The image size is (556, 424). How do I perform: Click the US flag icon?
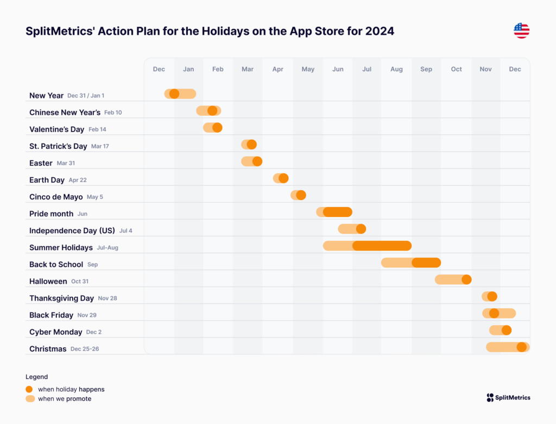pyautogui.click(x=521, y=30)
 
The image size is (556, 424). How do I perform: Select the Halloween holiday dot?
pyautogui.click(x=466, y=279)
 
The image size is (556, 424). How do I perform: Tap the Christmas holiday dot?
pyautogui.click(x=522, y=347)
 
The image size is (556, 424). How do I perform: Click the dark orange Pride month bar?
pyautogui.click(x=338, y=212)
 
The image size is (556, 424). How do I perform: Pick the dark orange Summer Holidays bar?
pyautogui.click(x=382, y=246)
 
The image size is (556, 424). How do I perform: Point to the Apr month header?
pyautogui.click(x=277, y=69)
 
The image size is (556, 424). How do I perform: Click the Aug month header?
pyautogui.click(x=396, y=69)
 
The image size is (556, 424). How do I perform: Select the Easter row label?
pyautogui.click(x=41, y=163)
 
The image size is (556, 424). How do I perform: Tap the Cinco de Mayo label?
pyautogui.click(x=56, y=197)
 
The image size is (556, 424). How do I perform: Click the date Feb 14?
pyautogui.click(x=97, y=129)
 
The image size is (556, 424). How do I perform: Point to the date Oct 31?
pyautogui.click(x=80, y=282)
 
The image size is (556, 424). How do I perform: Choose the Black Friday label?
pyautogui.click(x=51, y=315)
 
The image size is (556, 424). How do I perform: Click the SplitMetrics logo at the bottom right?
pyautogui.click(x=508, y=397)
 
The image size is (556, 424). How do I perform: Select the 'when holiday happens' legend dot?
pyautogui.click(x=29, y=389)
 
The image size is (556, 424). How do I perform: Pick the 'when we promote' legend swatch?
pyautogui.click(x=30, y=399)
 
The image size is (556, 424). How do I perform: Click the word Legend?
pyautogui.click(x=36, y=377)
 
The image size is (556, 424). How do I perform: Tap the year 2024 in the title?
pyautogui.click(x=380, y=31)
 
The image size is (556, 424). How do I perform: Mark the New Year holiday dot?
pyautogui.click(x=174, y=93)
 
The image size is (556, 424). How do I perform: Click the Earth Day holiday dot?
pyautogui.click(x=283, y=178)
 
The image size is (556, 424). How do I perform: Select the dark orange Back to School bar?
pyautogui.click(x=426, y=263)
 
